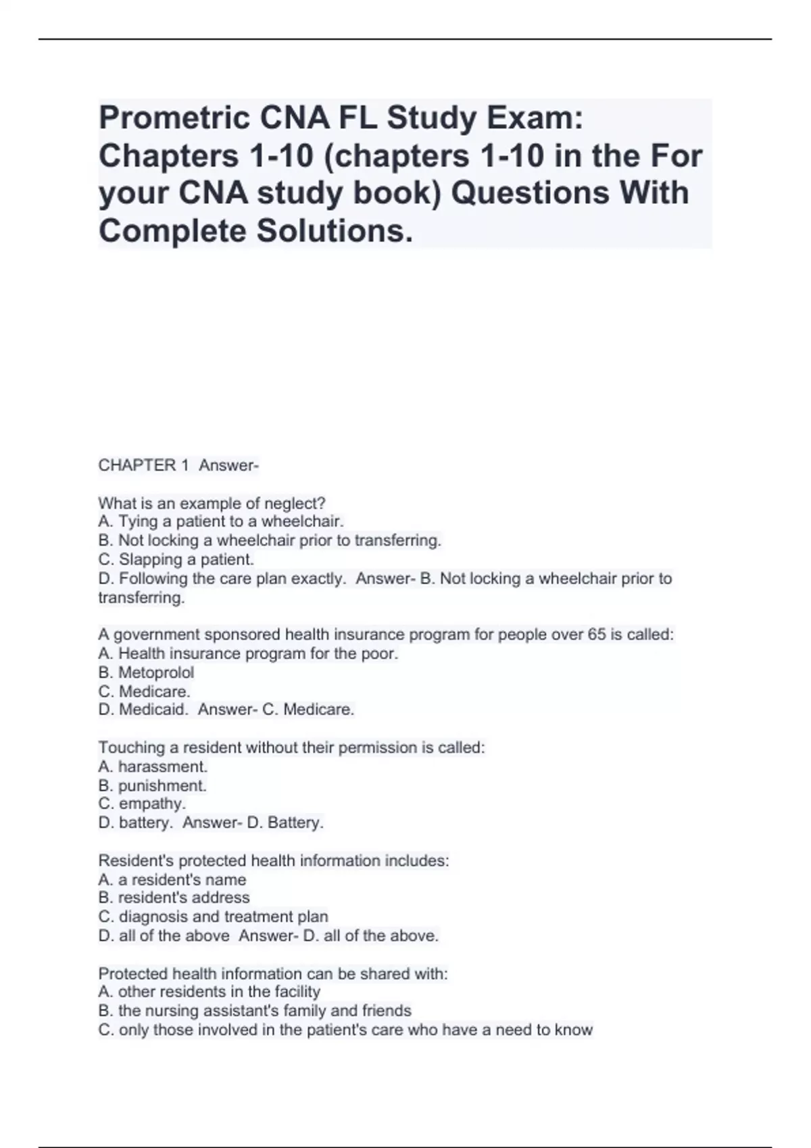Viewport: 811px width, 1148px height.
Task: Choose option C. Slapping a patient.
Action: point(176,559)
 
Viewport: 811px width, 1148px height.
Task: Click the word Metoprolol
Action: point(156,673)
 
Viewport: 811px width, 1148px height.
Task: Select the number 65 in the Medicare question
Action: point(597,635)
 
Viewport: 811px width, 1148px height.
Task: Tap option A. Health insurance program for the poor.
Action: point(248,654)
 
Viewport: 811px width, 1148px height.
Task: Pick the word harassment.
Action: point(163,766)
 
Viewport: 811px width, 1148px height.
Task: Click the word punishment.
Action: point(162,785)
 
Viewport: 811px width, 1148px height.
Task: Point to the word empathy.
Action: point(152,804)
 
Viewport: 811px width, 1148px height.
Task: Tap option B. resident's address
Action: point(174,897)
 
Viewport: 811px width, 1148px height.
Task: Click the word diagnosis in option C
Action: point(153,916)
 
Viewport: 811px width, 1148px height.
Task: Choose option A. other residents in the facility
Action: point(209,991)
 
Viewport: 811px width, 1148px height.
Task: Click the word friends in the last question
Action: point(387,1010)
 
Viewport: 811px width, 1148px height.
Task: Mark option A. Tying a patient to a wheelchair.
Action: point(221,521)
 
